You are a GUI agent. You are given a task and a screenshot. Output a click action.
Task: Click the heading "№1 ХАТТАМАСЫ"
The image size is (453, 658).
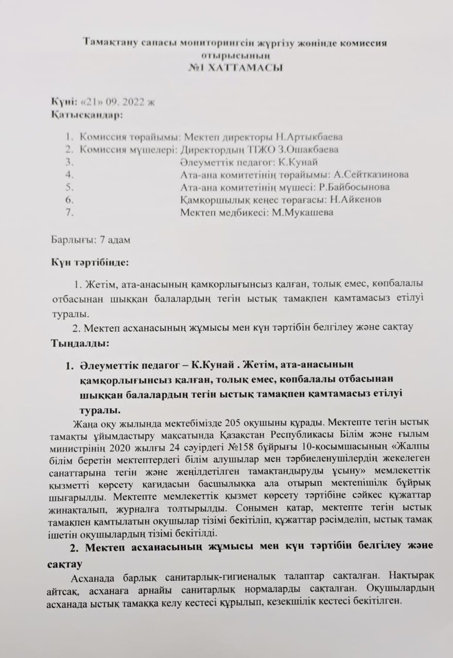(x=235, y=67)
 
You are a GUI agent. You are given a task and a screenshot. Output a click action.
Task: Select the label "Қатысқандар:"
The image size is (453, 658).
(x=87, y=114)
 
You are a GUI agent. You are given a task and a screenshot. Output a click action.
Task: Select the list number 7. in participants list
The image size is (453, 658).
(x=71, y=212)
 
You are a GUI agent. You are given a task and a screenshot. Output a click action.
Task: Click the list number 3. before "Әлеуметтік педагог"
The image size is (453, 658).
(x=71, y=162)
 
